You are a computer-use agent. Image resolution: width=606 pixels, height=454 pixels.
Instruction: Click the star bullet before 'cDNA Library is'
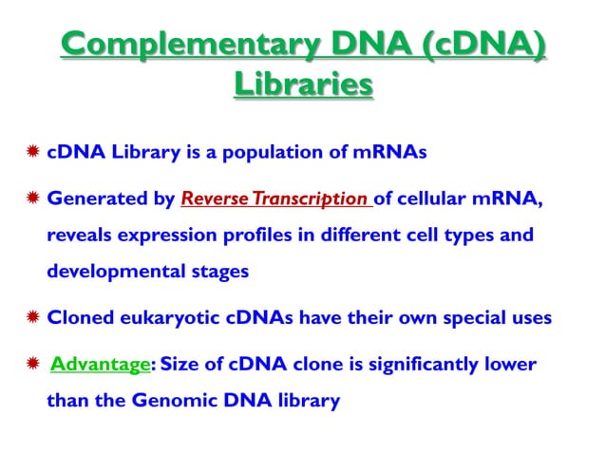(x=30, y=155)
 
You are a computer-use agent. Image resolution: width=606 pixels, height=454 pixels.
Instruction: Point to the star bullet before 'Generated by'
(x=30, y=200)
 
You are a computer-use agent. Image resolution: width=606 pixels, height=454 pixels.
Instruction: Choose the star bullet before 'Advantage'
(x=31, y=365)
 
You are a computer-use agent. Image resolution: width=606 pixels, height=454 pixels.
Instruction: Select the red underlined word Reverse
(x=211, y=200)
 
